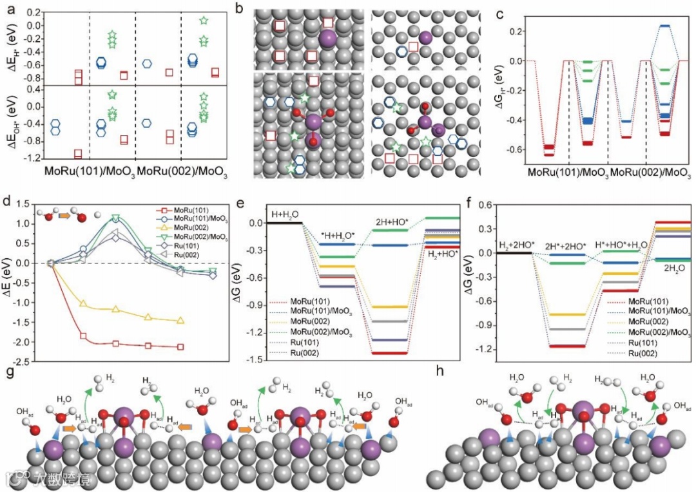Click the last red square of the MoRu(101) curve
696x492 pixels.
click(x=180, y=346)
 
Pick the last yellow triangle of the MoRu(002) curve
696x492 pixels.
click(x=180, y=320)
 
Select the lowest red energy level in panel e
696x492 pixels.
click(x=391, y=353)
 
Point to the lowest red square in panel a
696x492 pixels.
click(x=79, y=155)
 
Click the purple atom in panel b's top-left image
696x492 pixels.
click(x=328, y=40)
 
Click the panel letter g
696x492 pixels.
click(x=8, y=374)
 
